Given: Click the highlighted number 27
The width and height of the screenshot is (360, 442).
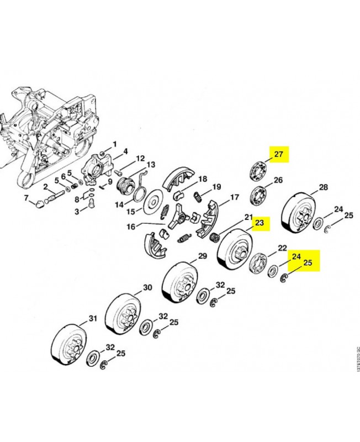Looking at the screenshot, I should tap(279, 155).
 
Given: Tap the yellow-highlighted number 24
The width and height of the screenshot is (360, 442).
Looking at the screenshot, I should tap(296, 256).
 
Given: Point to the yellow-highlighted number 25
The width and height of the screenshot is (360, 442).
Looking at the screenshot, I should tap(308, 264).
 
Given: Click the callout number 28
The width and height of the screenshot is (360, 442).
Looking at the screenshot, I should tap(324, 187).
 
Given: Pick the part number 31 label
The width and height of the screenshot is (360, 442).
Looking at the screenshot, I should tap(92, 319).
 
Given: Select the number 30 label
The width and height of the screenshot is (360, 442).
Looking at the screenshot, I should tap(147, 287).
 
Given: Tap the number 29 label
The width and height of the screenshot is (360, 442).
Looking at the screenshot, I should tap(202, 256).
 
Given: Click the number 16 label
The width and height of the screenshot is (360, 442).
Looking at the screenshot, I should tap(130, 226).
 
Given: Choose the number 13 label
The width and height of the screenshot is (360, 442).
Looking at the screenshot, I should tap(150, 164).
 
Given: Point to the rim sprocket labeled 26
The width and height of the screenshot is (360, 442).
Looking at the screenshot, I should tap(257, 196).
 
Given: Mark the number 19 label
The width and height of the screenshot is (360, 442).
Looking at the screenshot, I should tap(216, 186).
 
